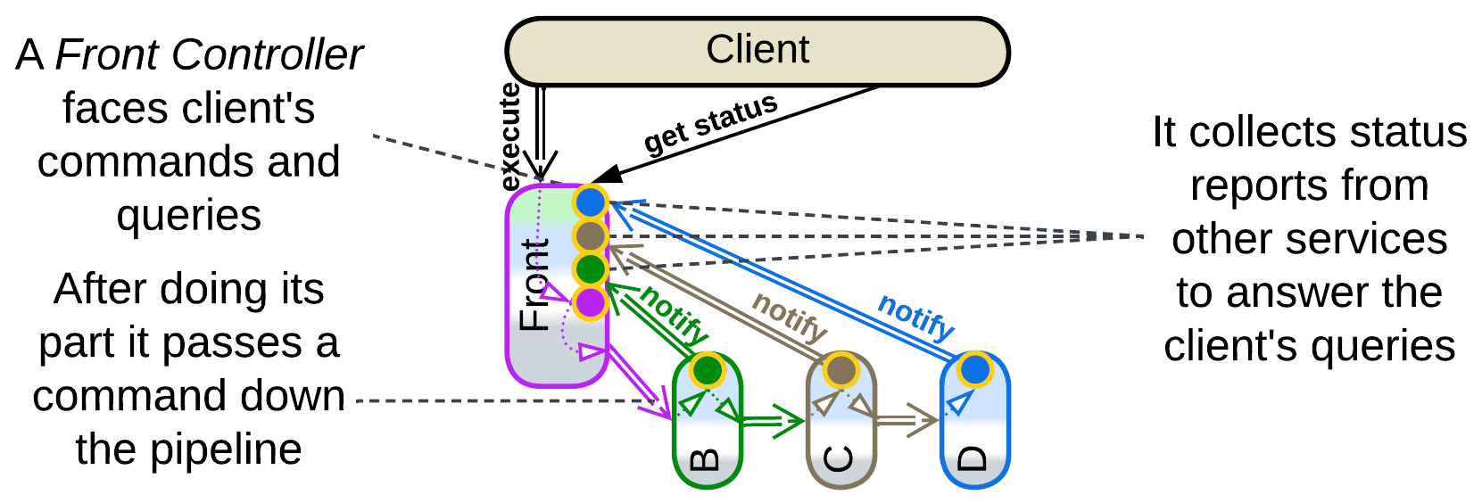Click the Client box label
[x=758, y=50]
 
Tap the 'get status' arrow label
[x=710, y=124]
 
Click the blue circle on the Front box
[x=591, y=202]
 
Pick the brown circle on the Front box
[x=591, y=236]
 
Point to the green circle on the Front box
[x=591, y=268]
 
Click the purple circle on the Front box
[x=591, y=303]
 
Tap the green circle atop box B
[x=708, y=369]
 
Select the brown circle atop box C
[x=841, y=369]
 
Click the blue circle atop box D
[x=975, y=369]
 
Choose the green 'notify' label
[x=675, y=314]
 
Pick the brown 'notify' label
[x=790, y=317]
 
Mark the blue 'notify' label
[x=916, y=317]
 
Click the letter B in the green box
[x=706, y=459]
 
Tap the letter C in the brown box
[x=840, y=459]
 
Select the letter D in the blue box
[x=973, y=459]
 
